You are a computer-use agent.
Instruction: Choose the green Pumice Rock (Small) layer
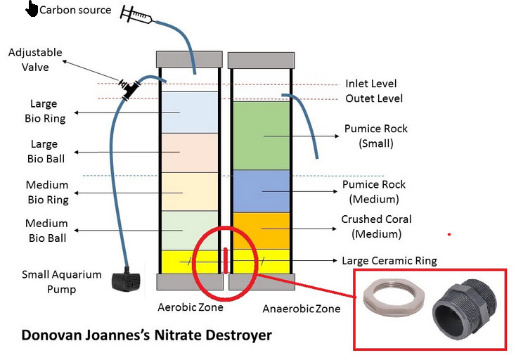tap(261, 135)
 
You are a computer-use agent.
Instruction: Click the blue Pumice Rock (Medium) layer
tap(261, 191)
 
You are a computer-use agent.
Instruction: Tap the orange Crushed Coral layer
tap(261, 230)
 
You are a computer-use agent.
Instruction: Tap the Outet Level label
tap(374, 98)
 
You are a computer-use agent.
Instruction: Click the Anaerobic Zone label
tap(301, 309)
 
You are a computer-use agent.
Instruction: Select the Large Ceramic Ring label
tap(389, 261)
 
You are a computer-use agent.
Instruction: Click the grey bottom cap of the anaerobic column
tap(261, 281)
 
